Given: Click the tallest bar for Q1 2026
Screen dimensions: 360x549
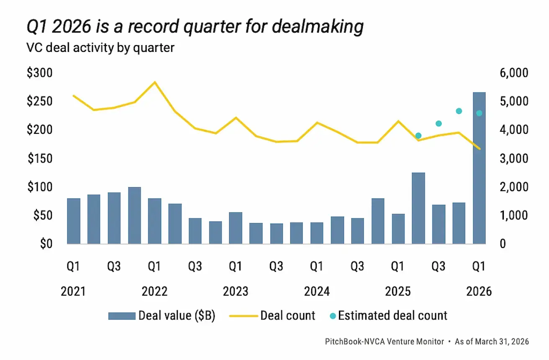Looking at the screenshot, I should point(479,167).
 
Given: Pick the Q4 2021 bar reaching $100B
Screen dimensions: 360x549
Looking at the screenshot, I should point(134,215).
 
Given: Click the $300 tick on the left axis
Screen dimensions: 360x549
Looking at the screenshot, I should point(40,74).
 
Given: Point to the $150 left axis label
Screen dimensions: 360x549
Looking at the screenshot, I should point(40,159).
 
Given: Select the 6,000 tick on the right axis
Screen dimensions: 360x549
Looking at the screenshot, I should point(513,74).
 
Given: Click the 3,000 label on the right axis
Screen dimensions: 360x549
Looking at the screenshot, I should point(513,159).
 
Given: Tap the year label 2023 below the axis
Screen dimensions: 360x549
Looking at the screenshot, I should point(236,291).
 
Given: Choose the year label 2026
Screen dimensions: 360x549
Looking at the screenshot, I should point(479,291).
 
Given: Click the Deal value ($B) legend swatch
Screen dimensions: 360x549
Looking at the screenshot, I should point(121,316).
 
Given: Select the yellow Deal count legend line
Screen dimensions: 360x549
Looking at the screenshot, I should point(243,316).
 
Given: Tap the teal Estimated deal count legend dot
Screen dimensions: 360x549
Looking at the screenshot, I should point(333,316).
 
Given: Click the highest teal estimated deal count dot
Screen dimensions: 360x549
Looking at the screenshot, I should point(459,111).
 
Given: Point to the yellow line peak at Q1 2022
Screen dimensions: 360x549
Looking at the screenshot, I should point(154,82).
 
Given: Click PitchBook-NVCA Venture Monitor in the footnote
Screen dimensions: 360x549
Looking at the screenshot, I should point(384,342).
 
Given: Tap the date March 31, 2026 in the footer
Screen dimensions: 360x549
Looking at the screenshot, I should point(501,342).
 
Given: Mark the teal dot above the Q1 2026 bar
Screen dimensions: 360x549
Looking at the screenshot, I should point(479,113).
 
